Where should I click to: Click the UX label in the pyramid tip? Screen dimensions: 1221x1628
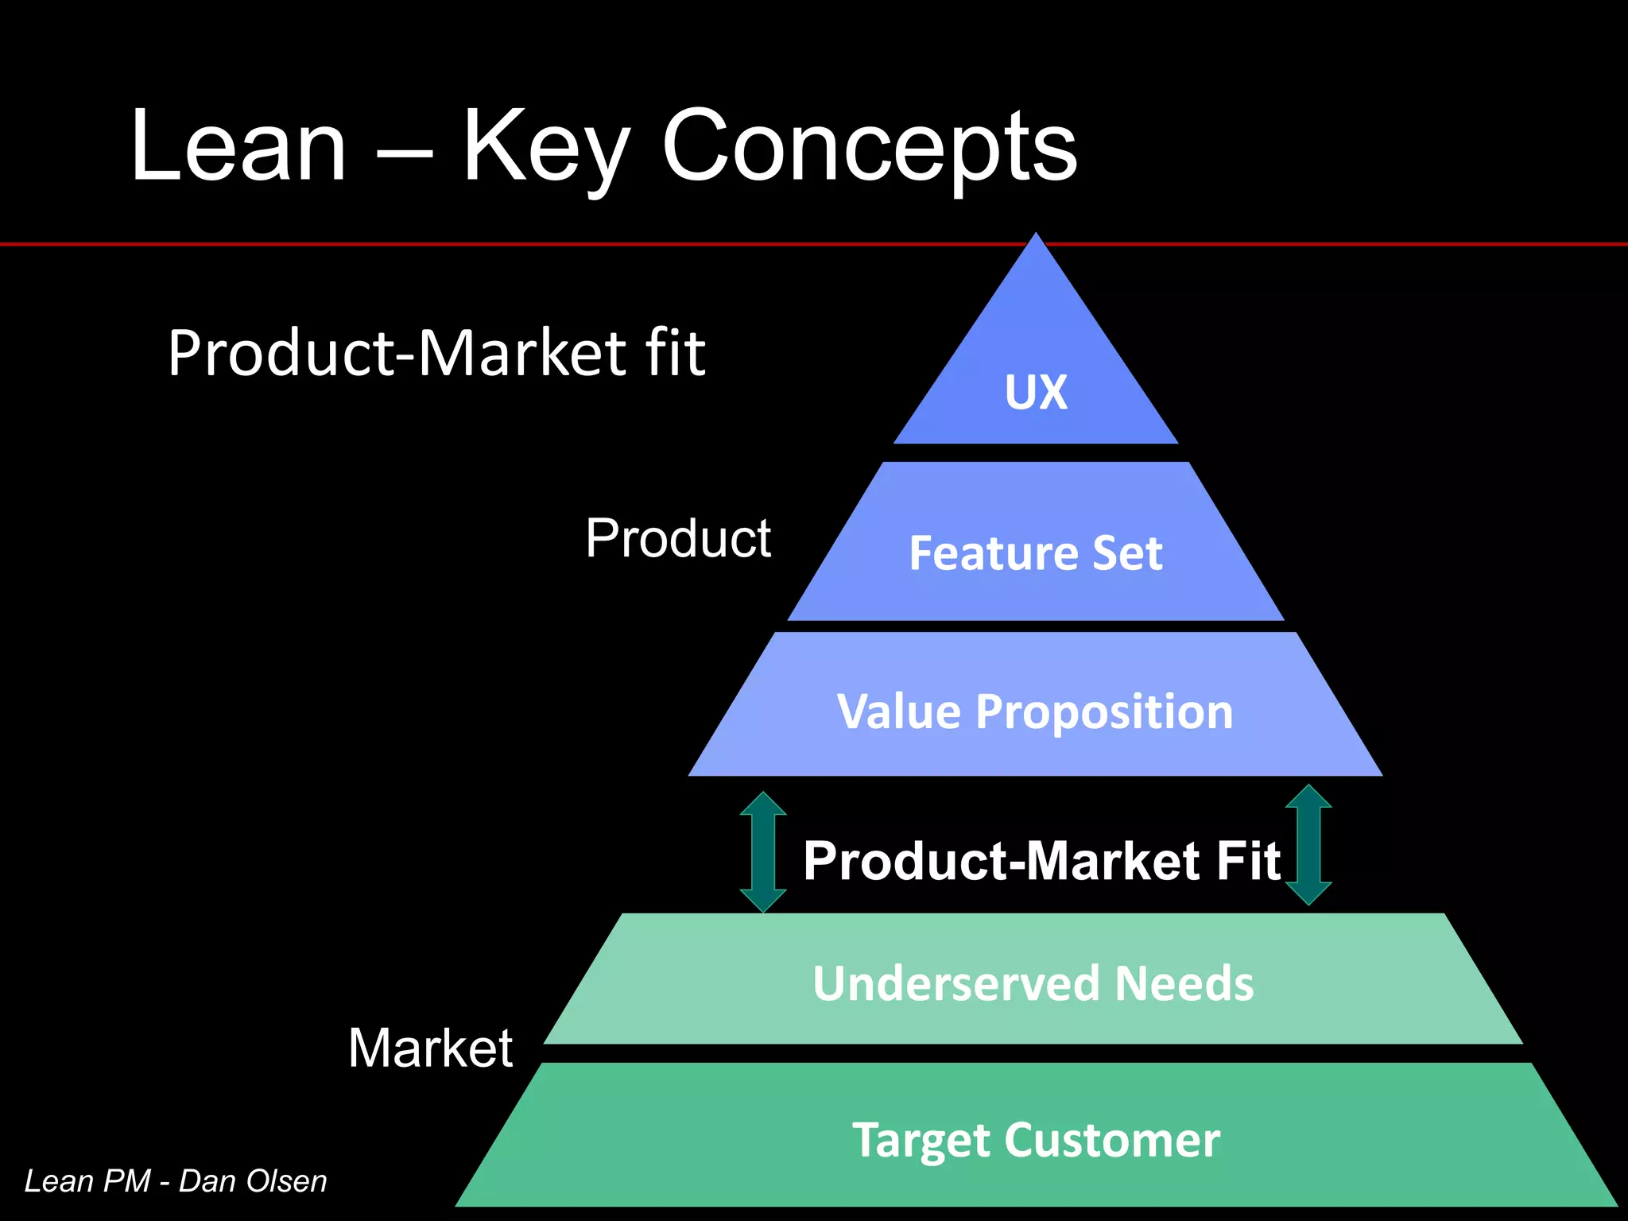pyautogui.click(x=1036, y=392)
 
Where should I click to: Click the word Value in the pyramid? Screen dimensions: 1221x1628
pyautogui.click(x=898, y=711)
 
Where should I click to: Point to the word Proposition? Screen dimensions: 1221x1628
pyautogui.click(x=1104, y=712)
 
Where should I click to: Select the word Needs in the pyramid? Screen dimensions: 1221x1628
pyautogui.click(x=1184, y=983)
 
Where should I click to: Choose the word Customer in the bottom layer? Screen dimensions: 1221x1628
pyautogui.click(x=1112, y=1140)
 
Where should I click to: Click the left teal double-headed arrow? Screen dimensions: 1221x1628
pyautogui.click(x=763, y=851)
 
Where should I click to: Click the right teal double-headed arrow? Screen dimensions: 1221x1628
pyautogui.click(x=1308, y=845)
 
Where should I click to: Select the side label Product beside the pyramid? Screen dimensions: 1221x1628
pyautogui.click(x=678, y=538)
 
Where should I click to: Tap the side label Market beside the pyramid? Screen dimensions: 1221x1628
pyautogui.click(x=430, y=1048)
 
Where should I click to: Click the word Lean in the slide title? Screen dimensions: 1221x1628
pyautogui.click(x=238, y=147)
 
